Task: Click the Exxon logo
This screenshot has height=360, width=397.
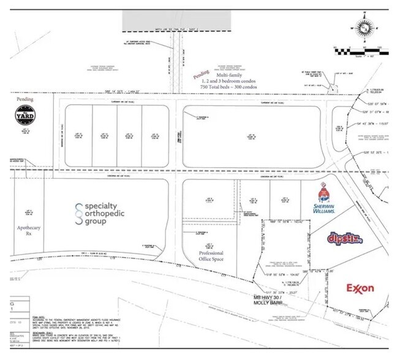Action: pyautogui.click(x=360, y=287)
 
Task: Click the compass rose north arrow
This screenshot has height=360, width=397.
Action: pyautogui.click(x=365, y=28)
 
